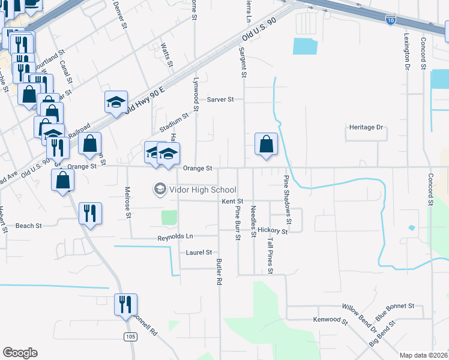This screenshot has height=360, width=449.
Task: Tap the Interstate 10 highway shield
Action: pyautogui.click(x=390, y=20)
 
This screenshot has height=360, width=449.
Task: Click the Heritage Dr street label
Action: pyautogui.click(x=366, y=128)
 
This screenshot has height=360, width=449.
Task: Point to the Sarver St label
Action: pyautogui.click(x=220, y=100)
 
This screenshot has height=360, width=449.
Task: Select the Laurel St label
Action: pyautogui.click(x=199, y=253)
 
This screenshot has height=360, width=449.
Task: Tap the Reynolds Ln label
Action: pyautogui.click(x=176, y=237)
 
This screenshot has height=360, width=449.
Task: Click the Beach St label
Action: pyautogui.click(x=28, y=226)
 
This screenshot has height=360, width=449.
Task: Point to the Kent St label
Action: pyautogui.click(x=232, y=202)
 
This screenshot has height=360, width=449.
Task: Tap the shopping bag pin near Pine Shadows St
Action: pyautogui.click(x=267, y=144)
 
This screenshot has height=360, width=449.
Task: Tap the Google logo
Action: pyautogui.click(x=20, y=353)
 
